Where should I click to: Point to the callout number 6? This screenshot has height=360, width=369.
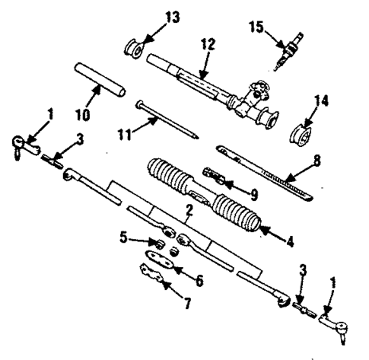click(x=201, y=282)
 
